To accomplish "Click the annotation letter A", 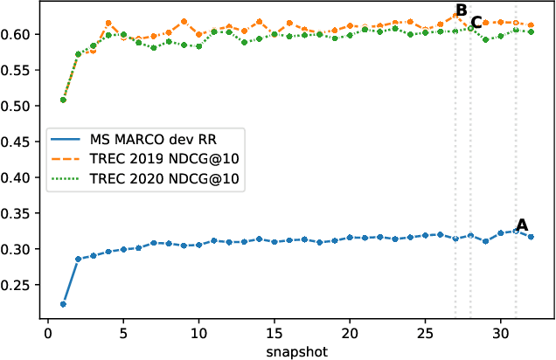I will click(x=522, y=225).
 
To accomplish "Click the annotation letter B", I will click(x=461, y=10).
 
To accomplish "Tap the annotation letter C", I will click(x=476, y=23).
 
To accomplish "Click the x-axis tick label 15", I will click(x=275, y=333).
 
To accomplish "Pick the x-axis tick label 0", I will click(x=48, y=333).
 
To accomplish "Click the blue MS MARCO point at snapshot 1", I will click(x=63, y=304).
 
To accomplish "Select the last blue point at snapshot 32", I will click(x=531, y=237).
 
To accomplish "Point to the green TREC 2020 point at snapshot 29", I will click(x=485, y=39).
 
